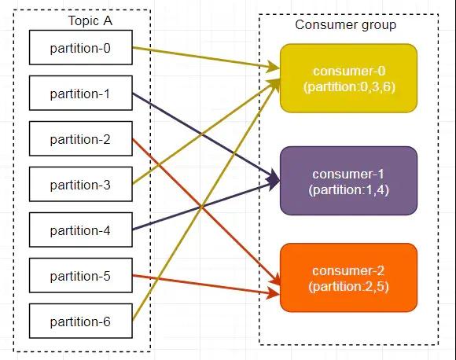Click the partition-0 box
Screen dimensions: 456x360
click(x=81, y=47)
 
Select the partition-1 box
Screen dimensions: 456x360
click(x=81, y=93)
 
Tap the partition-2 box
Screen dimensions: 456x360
click(x=81, y=138)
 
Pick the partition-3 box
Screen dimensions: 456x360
click(x=81, y=184)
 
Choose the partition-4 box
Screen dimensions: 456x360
click(x=81, y=230)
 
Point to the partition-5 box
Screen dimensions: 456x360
click(x=81, y=275)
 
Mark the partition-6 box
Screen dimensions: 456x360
click(x=81, y=321)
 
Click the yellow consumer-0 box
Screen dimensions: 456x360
click(x=349, y=79)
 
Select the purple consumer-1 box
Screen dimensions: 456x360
click(x=349, y=181)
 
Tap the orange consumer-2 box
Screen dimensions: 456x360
click(x=349, y=277)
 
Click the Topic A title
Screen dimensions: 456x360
click(x=90, y=21)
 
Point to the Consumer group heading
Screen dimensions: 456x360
click(x=345, y=25)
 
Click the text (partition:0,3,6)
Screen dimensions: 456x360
click(x=349, y=87)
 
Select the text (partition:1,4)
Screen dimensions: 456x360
click(x=349, y=190)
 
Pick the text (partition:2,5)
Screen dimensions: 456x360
click(x=349, y=287)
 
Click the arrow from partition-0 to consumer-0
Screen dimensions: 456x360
click(x=206, y=58)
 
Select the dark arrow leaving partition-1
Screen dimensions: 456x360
click(x=206, y=137)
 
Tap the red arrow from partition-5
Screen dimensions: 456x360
click(x=206, y=285)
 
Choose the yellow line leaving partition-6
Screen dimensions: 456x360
click(x=205, y=200)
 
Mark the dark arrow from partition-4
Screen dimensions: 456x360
click(x=206, y=206)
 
